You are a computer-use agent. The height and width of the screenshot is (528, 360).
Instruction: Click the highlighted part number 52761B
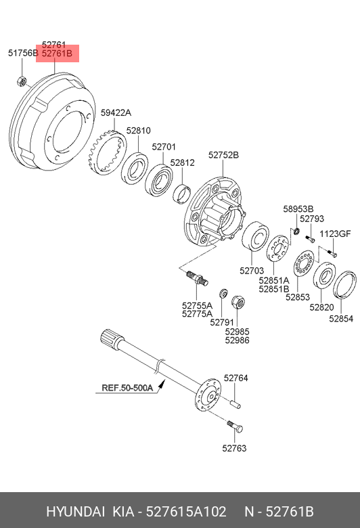57,53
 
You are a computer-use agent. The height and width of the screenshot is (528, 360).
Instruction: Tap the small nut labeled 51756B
22,81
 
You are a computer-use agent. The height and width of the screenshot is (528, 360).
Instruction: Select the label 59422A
116,113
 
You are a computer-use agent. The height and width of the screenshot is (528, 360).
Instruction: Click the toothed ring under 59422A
108,153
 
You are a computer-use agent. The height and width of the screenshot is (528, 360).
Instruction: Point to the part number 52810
139,131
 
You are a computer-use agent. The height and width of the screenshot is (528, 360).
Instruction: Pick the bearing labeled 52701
158,180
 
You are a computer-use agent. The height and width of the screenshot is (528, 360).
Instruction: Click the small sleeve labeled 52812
181,194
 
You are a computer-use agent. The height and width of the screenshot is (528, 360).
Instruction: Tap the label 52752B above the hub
223,155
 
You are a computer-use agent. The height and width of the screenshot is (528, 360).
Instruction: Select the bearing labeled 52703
255,236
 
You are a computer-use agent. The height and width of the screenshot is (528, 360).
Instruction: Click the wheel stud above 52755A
198,278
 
